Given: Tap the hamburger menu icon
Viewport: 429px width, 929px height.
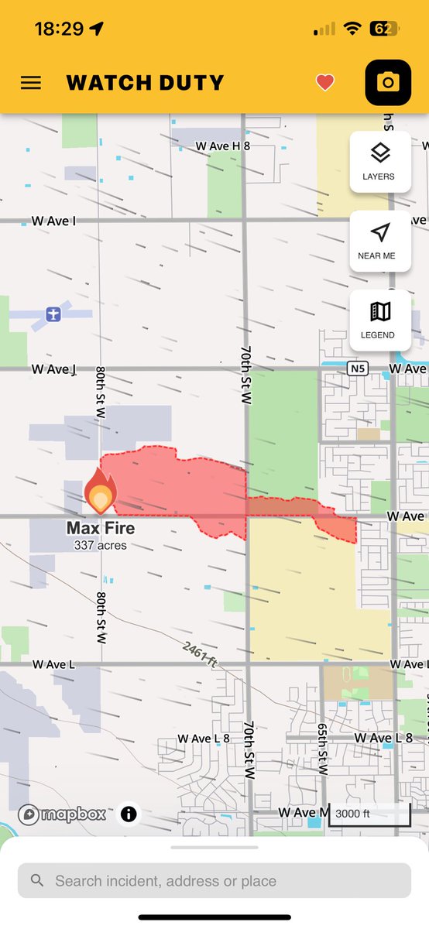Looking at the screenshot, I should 31,83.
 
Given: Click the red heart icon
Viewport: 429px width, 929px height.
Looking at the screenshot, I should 325,83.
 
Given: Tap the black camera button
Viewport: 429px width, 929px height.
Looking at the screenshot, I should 388,82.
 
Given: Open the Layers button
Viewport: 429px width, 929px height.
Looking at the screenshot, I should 379,161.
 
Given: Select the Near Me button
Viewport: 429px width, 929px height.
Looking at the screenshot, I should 379,240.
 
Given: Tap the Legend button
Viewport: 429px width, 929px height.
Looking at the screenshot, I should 379,320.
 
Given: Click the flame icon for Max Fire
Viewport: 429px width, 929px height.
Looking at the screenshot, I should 101,492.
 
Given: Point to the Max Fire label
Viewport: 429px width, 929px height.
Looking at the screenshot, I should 101,529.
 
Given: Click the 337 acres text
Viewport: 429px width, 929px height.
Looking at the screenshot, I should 101,545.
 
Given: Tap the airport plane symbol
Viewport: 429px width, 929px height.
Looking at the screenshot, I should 53,314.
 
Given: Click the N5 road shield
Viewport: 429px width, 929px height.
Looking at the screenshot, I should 356,368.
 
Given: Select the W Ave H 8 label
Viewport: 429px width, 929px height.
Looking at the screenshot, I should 223,146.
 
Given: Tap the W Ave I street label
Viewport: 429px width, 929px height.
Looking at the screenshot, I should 53,221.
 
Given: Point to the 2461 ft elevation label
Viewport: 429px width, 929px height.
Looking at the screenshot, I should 200,653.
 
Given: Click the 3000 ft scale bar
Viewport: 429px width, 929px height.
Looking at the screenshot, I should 369,814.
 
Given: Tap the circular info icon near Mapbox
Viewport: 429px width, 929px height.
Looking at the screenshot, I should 129,814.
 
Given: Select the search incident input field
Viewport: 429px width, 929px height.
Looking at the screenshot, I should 214,881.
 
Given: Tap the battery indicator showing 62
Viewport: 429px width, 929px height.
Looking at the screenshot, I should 385,29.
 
